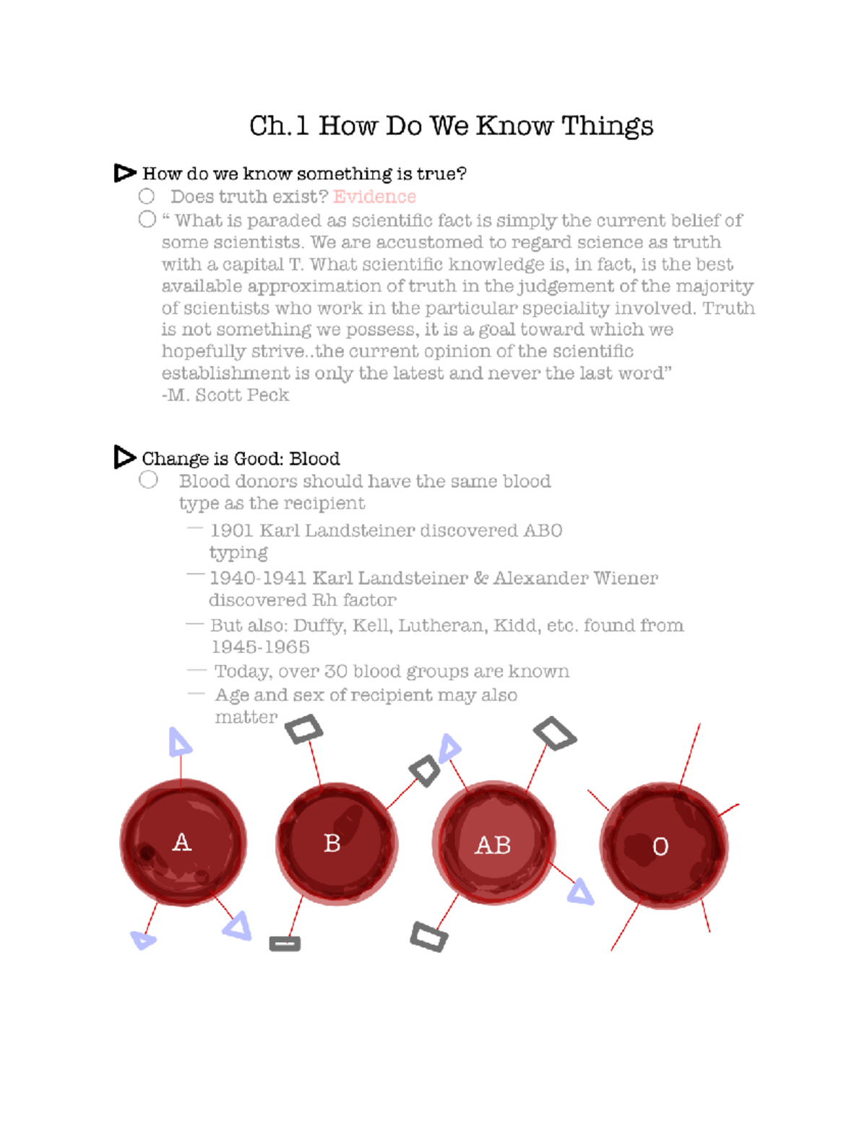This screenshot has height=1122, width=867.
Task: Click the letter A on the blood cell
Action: click(182, 842)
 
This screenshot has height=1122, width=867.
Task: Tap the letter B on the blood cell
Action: click(332, 844)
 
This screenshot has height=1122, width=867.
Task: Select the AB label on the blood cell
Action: click(493, 846)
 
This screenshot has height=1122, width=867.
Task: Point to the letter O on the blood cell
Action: click(660, 847)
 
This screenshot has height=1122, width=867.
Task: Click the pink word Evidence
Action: click(374, 197)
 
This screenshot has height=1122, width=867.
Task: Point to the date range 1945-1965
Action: click(261, 647)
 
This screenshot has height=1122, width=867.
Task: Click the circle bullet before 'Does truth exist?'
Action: click(147, 197)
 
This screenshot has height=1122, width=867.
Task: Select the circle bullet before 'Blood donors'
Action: click(148, 480)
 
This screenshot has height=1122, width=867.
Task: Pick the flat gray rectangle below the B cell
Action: click(285, 944)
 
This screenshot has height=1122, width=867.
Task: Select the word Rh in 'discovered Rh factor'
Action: click(325, 600)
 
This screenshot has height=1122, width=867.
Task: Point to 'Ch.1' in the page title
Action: click(280, 126)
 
